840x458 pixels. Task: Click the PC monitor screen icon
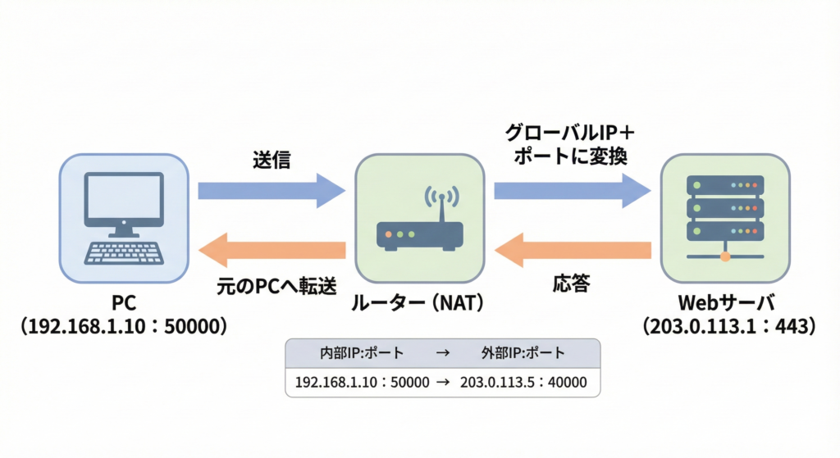coord(125,199)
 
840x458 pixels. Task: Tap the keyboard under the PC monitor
coord(125,252)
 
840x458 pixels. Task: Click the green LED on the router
coord(399,235)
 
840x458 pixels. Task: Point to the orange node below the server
coord(725,257)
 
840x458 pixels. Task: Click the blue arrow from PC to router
coord(272,191)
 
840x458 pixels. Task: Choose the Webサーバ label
coord(725,303)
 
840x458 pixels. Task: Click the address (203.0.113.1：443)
coord(725,326)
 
